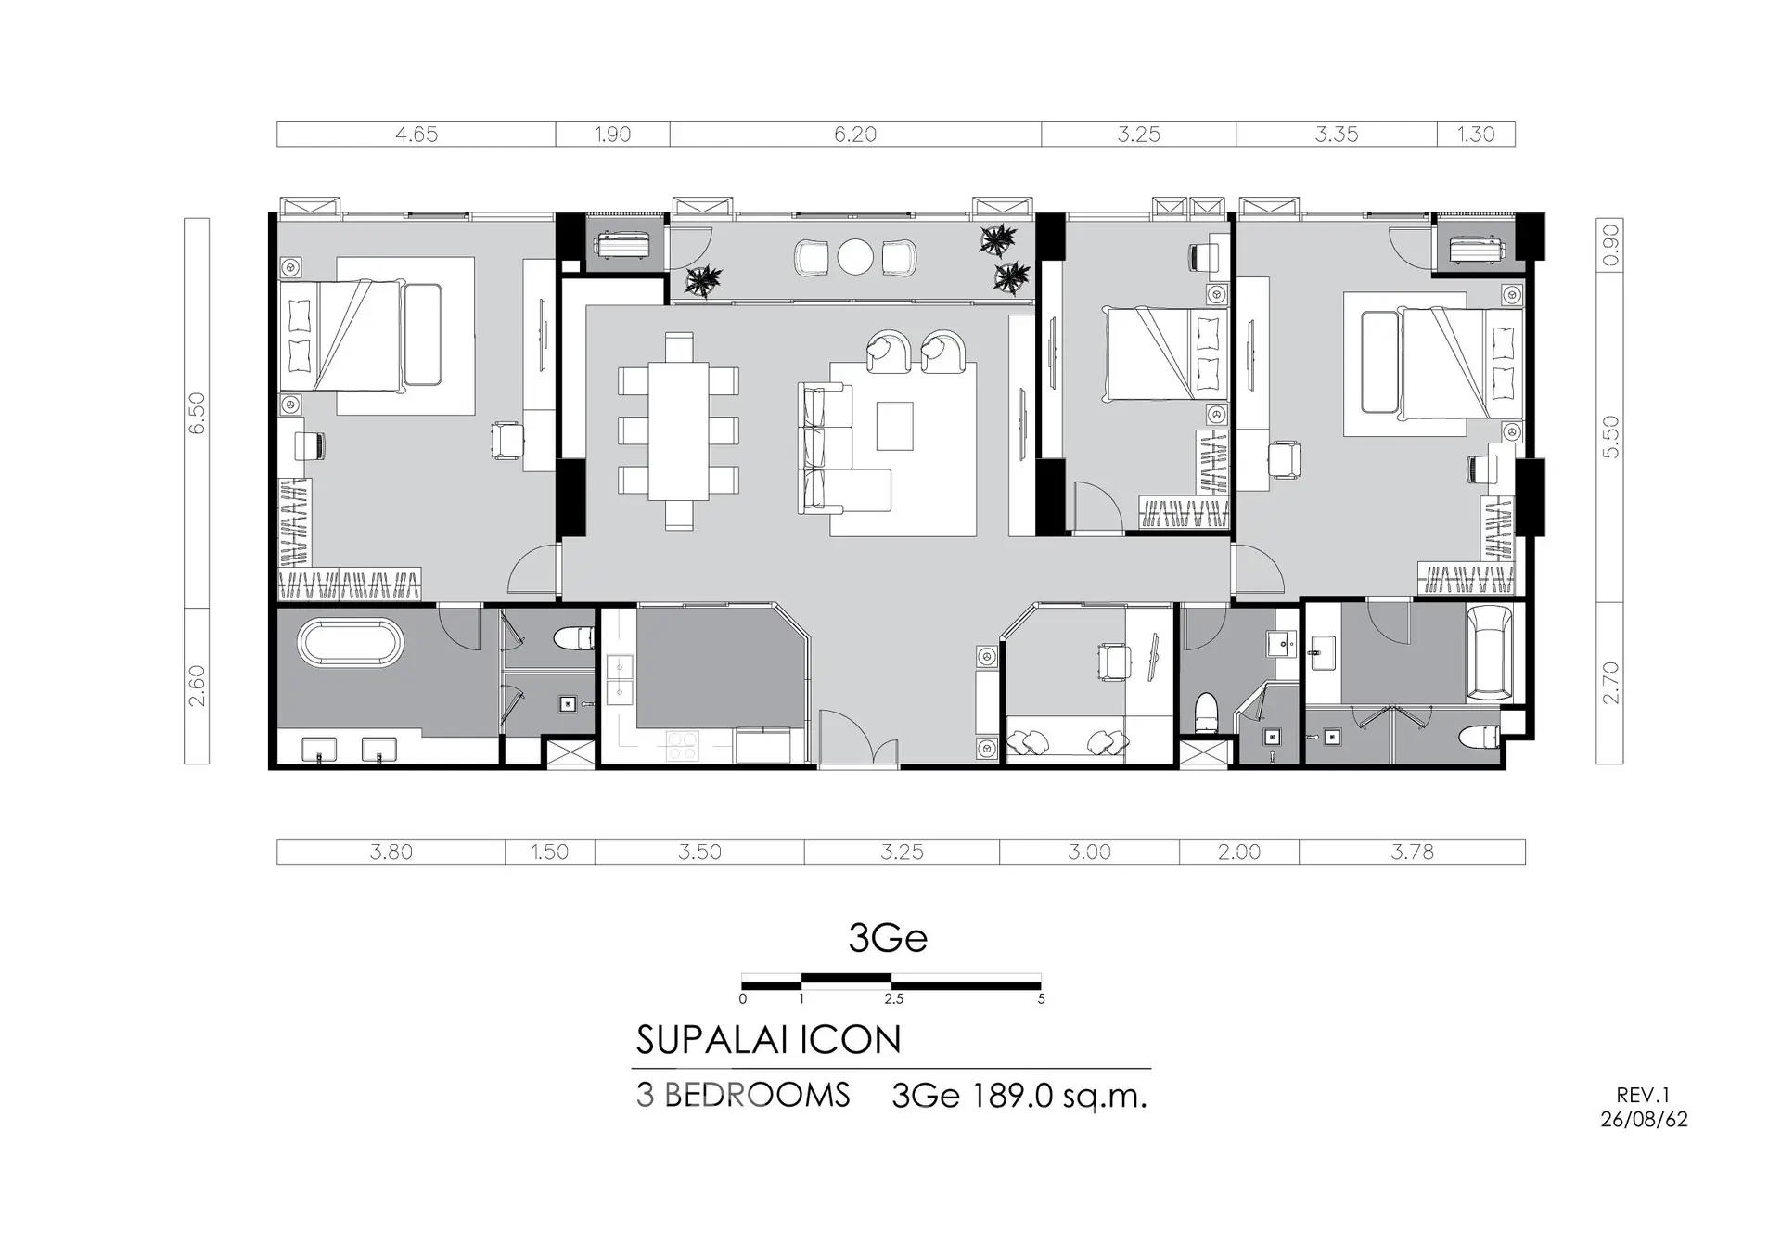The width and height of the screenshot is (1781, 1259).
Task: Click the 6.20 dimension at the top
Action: pyautogui.click(x=854, y=135)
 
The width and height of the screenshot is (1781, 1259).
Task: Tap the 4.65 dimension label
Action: pyautogui.click(x=416, y=135)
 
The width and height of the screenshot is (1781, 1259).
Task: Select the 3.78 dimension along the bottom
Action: pyautogui.click(x=1412, y=852)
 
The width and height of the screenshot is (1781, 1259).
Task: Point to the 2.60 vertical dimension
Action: pyautogui.click(x=197, y=686)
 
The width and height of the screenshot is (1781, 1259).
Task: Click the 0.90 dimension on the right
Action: pyautogui.click(x=1610, y=244)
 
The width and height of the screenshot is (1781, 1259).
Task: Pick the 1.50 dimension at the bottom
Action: pyautogui.click(x=550, y=852)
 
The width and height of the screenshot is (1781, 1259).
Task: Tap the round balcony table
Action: pyautogui.click(x=855, y=257)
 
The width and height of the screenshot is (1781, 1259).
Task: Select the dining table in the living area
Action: pyautogui.click(x=678, y=430)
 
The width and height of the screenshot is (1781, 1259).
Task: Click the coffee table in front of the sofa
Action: pyautogui.click(x=894, y=426)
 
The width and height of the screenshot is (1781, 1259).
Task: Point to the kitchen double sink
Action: pyautogui.click(x=619, y=680)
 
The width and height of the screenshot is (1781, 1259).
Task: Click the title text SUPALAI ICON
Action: pyautogui.click(x=768, y=1040)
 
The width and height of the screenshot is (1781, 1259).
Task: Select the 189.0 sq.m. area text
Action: pyautogui.click(x=1059, y=1097)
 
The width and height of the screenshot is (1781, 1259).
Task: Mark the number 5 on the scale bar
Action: pyautogui.click(x=1041, y=999)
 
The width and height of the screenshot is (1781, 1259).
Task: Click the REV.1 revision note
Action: pyautogui.click(x=1643, y=1096)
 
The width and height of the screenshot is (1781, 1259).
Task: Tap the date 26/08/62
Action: pyautogui.click(x=1644, y=1120)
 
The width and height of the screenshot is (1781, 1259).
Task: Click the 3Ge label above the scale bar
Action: pyautogui.click(x=888, y=938)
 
